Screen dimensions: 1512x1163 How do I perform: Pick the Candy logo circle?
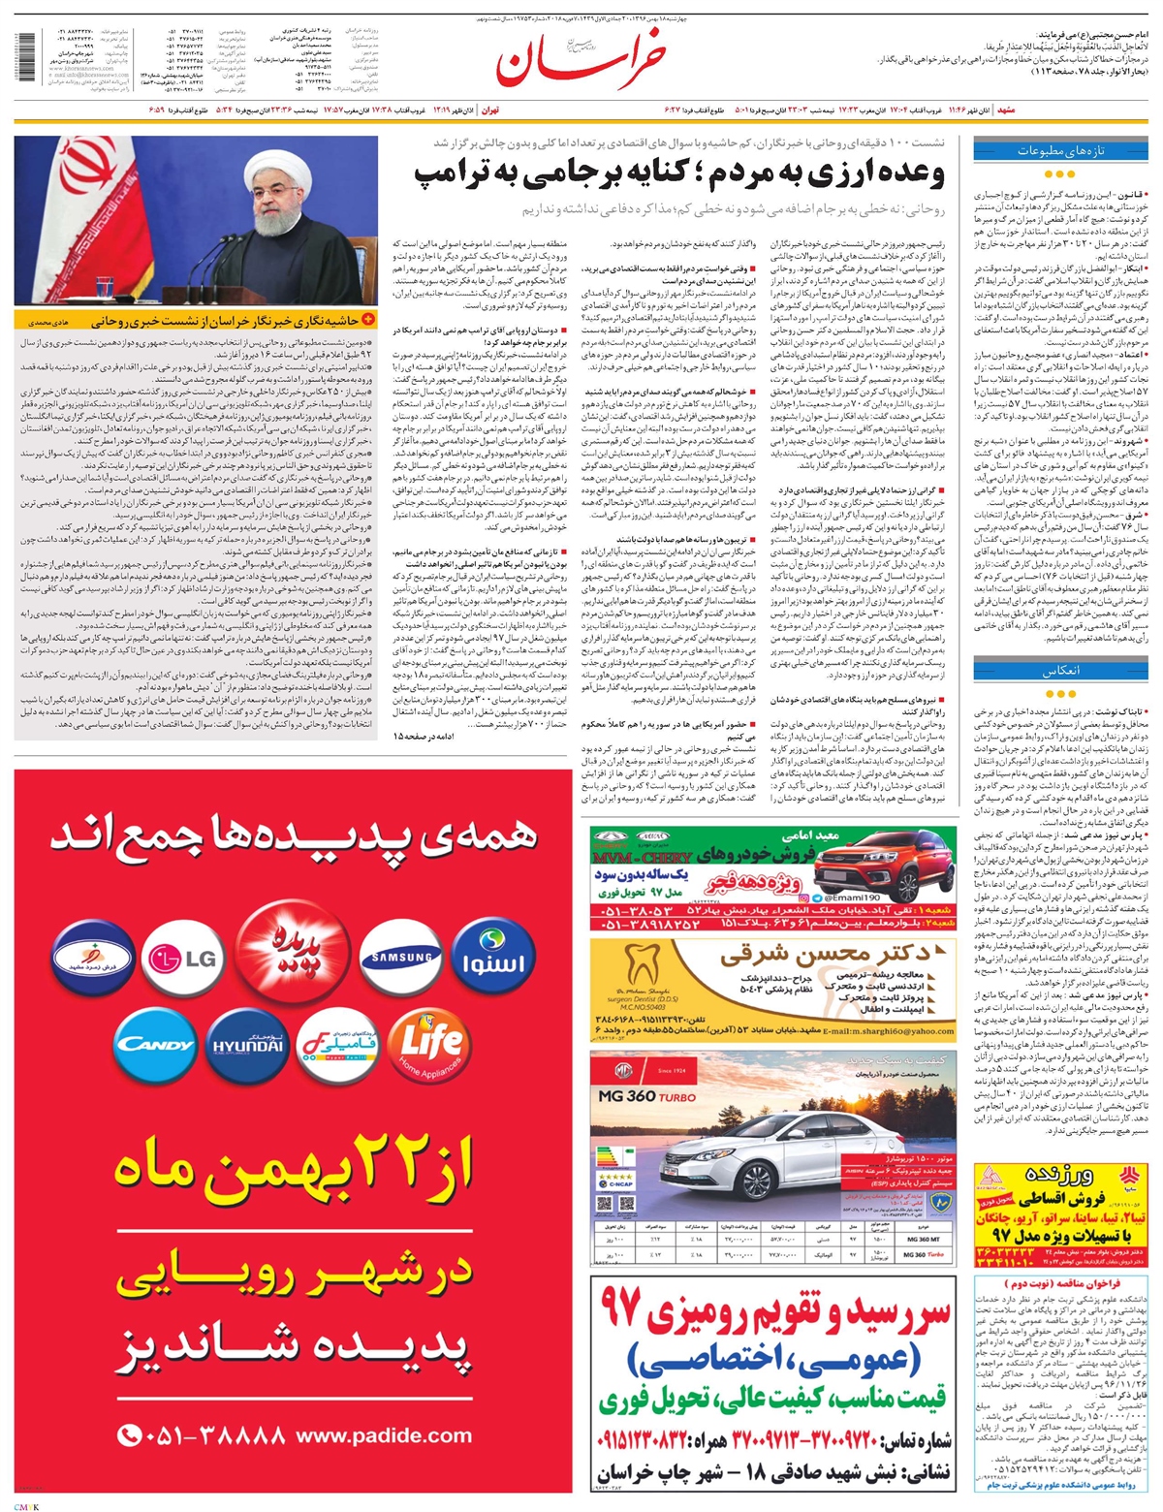pos(154,1044)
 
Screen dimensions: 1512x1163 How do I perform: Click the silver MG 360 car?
pos(756,1145)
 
